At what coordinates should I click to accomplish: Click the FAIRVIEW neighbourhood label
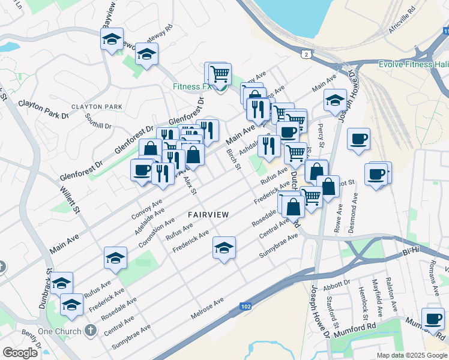click(208, 214)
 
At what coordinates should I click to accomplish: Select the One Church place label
click(59, 331)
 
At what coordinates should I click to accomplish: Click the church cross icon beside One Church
click(90, 330)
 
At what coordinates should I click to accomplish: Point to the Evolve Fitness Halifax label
click(414, 65)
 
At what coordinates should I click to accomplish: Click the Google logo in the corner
click(20, 353)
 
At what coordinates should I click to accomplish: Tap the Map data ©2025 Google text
click(412, 355)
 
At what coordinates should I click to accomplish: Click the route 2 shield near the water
click(307, 55)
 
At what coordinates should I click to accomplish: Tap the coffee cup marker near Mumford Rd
click(432, 319)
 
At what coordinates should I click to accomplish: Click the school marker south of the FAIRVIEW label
click(224, 248)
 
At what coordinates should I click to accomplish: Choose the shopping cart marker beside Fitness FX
click(220, 74)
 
